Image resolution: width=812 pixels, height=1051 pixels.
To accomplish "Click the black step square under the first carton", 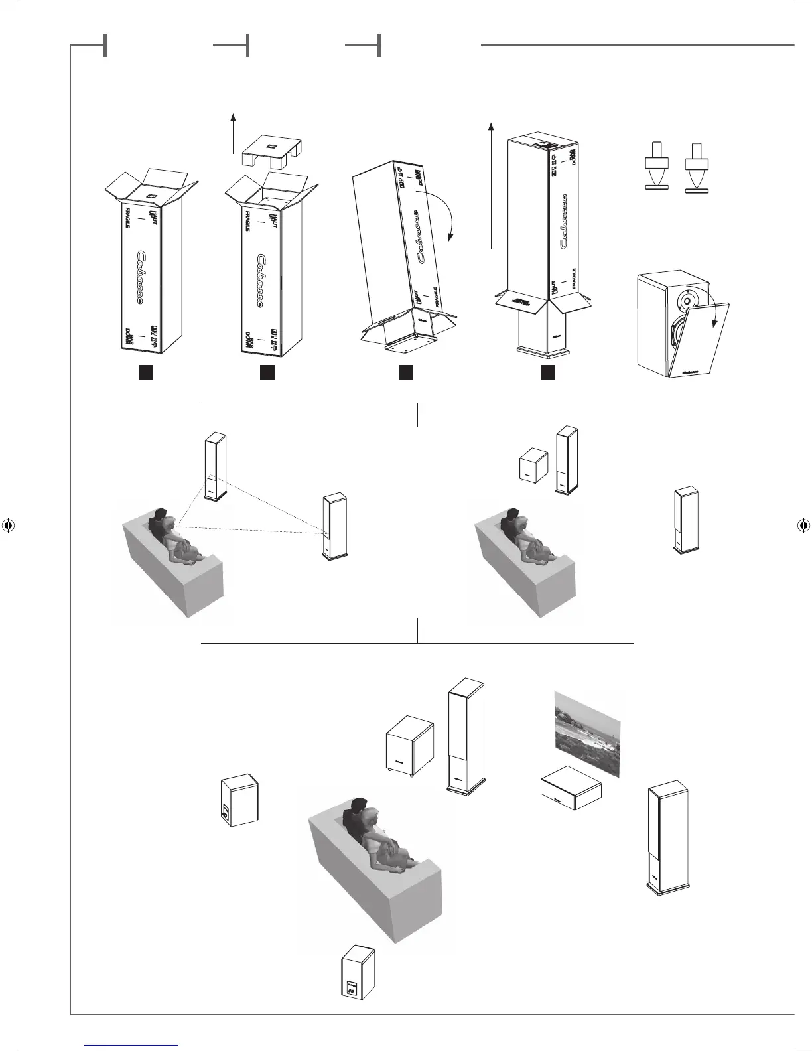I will click(x=145, y=373).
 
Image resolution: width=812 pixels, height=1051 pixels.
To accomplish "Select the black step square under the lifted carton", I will click(x=547, y=373).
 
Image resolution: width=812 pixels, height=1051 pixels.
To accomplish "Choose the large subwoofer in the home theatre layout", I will click(x=410, y=746).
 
